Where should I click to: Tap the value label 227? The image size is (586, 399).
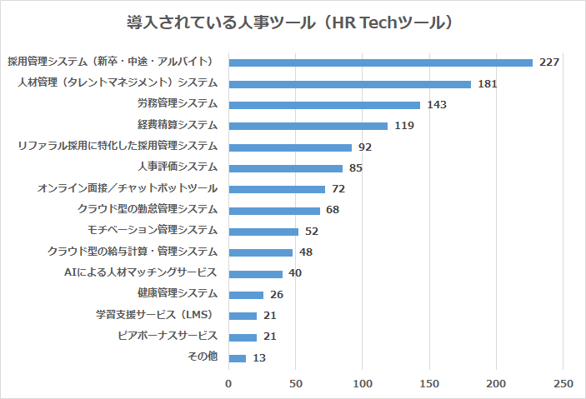pyautogui.click(x=548, y=62)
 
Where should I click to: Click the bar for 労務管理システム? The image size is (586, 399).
pyautogui.click(x=324, y=105)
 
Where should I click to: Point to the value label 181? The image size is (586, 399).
pyautogui.click(x=488, y=84)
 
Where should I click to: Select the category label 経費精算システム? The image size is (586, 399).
pyautogui.click(x=178, y=125)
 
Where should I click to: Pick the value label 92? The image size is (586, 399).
pyautogui.click(x=364, y=147)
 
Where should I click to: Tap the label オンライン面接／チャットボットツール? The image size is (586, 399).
pyautogui.click(x=128, y=188)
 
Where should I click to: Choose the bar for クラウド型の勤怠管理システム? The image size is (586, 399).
pyautogui.click(x=274, y=211)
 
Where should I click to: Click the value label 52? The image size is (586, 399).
pyautogui.click(x=311, y=232)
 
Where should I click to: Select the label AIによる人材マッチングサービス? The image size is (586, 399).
pyautogui.click(x=141, y=272)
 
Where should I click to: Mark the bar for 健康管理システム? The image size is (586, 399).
pyautogui.click(x=246, y=295)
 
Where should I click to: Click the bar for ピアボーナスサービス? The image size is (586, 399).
pyautogui.click(x=243, y=337)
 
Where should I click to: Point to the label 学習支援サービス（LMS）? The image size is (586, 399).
pyautogui.click(x=155, y=315)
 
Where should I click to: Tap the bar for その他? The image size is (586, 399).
pyautogui.click(x=238, y=358)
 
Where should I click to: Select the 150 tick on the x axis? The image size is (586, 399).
pyautogui.click(x=429, y=383)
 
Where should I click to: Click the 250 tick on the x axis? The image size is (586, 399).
pyautogui.click(x=563, y=383)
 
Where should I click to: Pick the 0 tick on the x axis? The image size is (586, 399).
pyautogui.click(x=229, y=383)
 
